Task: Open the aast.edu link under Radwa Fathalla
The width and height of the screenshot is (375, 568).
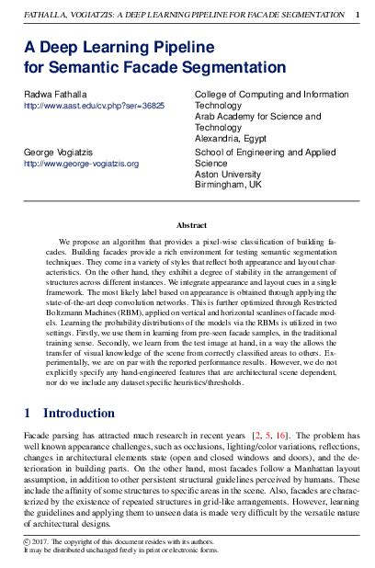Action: coord(95,107)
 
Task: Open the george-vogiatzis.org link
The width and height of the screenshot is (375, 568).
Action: coord(81,163)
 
